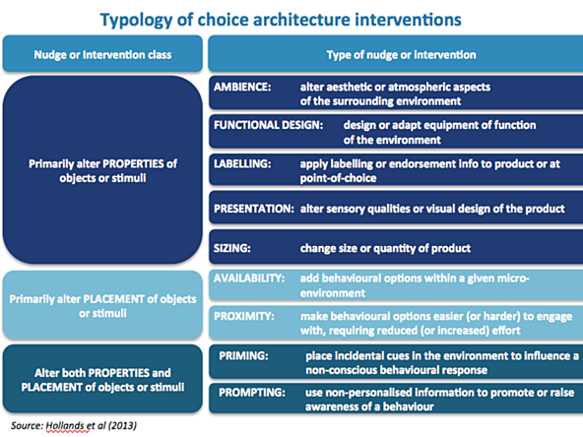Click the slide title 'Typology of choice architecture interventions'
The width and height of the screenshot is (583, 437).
click(x=281, y=20)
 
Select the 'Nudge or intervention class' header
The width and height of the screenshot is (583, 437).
click(x=102, y=55)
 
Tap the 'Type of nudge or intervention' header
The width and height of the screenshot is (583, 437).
click(x=401, y=55)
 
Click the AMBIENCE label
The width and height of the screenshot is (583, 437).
click(x=242, y=87)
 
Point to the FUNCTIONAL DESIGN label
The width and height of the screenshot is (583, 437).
click(x=269, y=125)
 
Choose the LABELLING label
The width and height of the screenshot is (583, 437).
click(x=242, y=163)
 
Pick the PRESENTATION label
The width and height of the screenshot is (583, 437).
click(x=254, y=209)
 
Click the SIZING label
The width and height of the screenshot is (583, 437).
click(x=232, y=248)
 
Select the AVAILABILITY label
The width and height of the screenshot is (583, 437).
click(x=249, y=278)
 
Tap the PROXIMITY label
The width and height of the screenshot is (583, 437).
click(x=244, y=316)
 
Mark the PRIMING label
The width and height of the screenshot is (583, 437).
click(x=243, y=355)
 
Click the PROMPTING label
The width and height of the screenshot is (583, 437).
click(x=252, y=393)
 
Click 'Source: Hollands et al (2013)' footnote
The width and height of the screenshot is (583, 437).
click(x=74, y=425)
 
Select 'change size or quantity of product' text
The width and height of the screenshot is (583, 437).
click(x=385, y=248)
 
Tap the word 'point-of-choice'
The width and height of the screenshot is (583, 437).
click(x=338, y=178)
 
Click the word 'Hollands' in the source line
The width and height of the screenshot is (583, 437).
click(x=67, y=425)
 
